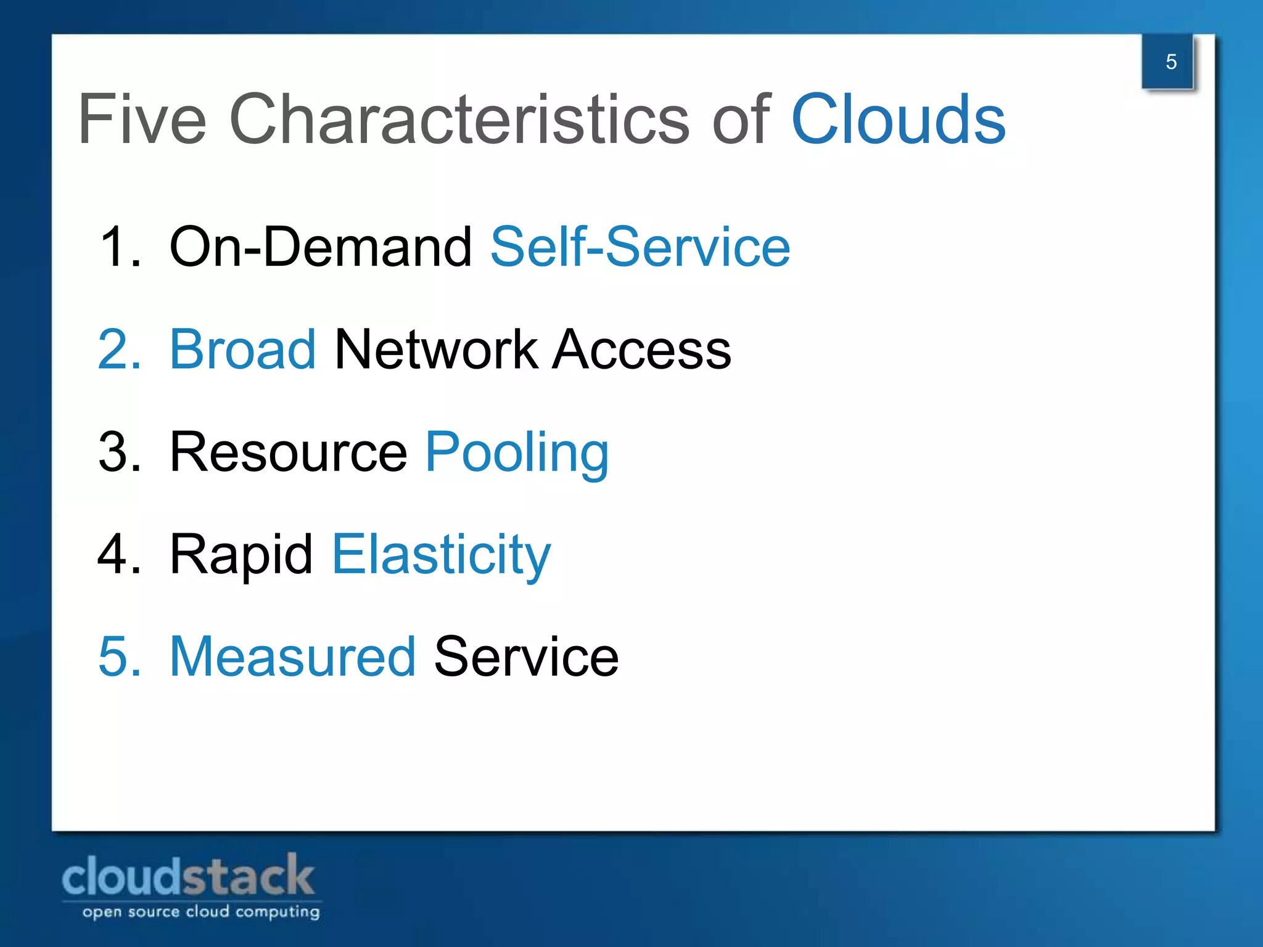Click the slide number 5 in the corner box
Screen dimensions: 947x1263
pos(1170,62)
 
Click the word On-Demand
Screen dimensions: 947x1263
pos(320,247)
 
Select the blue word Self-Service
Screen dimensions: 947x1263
pos(640,247)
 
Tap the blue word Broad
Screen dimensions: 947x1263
pos(242,350)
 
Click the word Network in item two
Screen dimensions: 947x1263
pos(435,350)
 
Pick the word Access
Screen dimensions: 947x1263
pos(641,350)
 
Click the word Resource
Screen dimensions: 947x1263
pos(288,452)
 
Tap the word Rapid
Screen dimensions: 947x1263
pos(241,555)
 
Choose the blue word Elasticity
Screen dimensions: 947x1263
pos(441,555)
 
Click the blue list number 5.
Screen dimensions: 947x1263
pos(118,657)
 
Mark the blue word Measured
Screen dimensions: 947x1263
pos(292,657)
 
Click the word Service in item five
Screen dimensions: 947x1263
pos(526,657)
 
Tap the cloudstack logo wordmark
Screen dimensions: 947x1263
pos(188,875)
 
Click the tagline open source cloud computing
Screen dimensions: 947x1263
pos(201,911)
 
